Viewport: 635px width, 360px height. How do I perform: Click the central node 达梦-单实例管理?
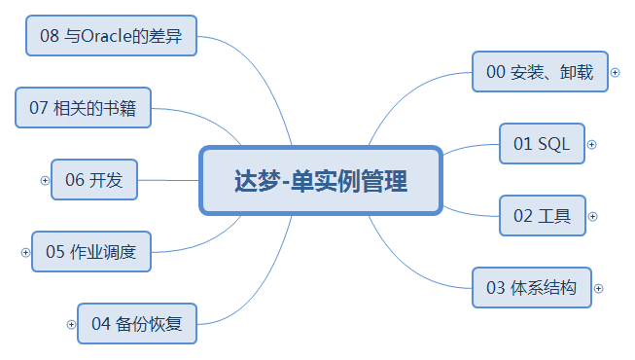click(x=321, y=180)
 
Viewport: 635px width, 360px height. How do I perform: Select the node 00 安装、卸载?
click(x=540, y=72)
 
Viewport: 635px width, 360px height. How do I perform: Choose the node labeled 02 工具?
click(x=543, y=216)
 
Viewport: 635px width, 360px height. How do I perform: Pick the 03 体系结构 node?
click(x=532, y=288)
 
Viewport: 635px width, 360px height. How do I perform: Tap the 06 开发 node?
click(x=94, y=180)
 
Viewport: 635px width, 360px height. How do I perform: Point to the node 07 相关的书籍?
click(x=83, y=108)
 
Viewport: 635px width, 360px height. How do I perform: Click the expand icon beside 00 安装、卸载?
click(x=615, y=72)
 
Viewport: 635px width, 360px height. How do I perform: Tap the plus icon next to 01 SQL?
click(x=592, y=144)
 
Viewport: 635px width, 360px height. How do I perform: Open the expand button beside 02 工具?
click(x=592, y=216)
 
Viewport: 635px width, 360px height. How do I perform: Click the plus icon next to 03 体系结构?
click(x=599, y=288)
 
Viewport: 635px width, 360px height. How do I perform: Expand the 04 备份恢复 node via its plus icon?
click(x=71, y=324)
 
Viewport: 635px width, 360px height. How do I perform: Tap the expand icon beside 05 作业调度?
click(x=26, y=252)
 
